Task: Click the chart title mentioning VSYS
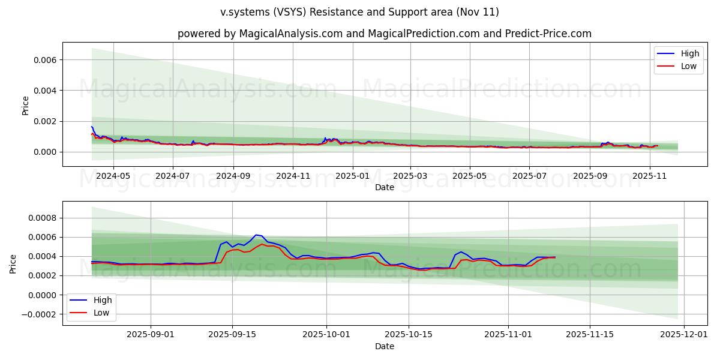[359, 12]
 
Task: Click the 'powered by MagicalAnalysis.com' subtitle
[384, 34]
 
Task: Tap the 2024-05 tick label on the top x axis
[113, 176]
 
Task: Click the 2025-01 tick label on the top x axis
[352, 176]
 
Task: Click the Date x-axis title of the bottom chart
[384, 346]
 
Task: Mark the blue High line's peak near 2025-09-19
[256, 235]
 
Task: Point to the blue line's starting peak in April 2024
[92, 127]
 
